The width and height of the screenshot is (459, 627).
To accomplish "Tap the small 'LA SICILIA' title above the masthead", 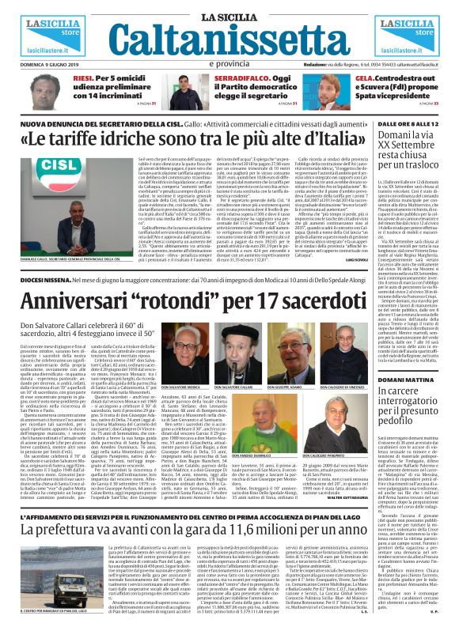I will coord(229,9).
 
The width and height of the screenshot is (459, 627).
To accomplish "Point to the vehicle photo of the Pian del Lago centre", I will coord(40,585).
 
